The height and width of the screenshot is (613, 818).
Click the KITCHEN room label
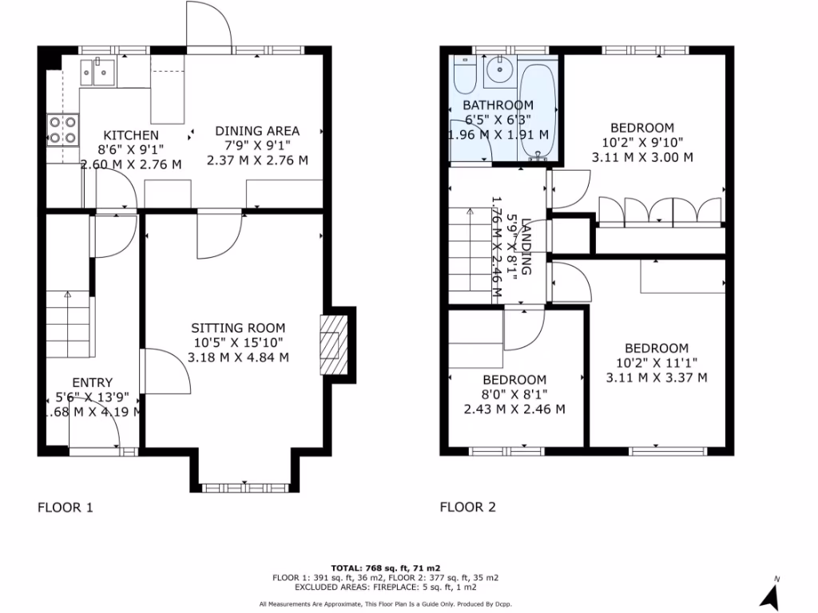pyautogui.click(x=131, y=135)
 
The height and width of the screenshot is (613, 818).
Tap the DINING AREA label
pyautogui.click(x=256, y=131)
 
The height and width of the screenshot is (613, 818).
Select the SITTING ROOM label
pyautogui.click(x=237, y=328)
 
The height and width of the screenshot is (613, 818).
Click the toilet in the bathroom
pyautogui.click(x=464, y=76)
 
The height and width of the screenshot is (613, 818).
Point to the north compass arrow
pyautogui.click(x=770, y=594)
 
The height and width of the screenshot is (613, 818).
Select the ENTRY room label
pyautogui.click(x=92, y=382)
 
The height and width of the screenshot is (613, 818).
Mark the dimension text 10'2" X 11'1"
pyautogui.click(x=656, y=363)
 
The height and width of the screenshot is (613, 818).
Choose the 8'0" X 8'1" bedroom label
pyautogui.click(x=514, y=395)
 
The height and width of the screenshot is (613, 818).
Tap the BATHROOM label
pyautogui.click(x=498, y=105)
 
